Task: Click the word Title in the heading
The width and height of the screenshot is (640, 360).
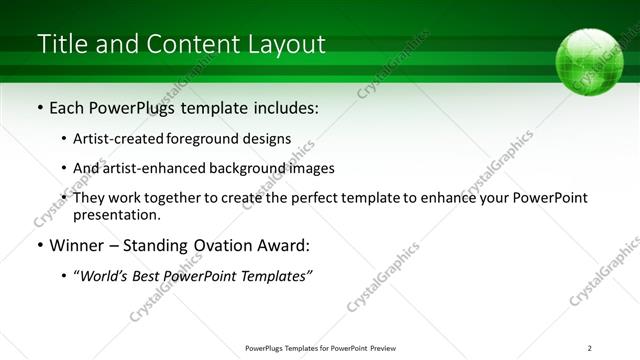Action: tap(61, 45)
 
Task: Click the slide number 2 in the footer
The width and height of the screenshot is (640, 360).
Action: tap(589, 347)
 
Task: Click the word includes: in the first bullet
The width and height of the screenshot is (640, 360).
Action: tap(284, 107)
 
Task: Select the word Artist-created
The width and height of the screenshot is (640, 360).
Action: tap(118, 139)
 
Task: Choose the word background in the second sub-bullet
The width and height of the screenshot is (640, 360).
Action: tap(242, 168)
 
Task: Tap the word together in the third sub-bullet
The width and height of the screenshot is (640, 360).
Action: tap(180, 198)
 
